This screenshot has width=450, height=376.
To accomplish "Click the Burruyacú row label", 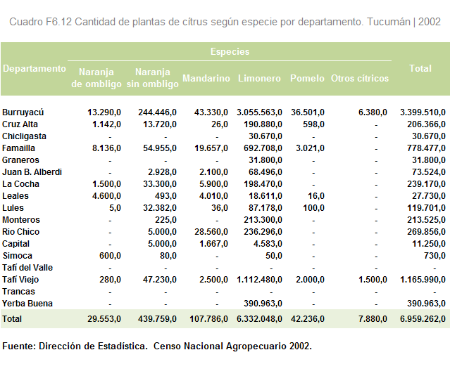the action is pyautogui.click(x=23, y=112).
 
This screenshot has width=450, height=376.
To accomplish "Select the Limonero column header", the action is pyautogui.click(x=259, y=78).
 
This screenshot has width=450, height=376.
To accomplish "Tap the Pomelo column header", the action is pyautogui.click(x=307, y=78).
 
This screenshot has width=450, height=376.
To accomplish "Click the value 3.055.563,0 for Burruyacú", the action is pyautogui.click(x=259, y=112).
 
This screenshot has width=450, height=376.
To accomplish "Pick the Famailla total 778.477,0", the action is pyautogui.click(x=426, y=148).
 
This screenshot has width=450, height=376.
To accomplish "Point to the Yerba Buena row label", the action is pyautogui.click(x=27, y=304).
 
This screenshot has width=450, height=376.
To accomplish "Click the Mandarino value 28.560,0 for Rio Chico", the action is pyautogui.click(x=211, y=232).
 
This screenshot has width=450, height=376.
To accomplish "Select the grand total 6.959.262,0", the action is pyautogui.click(x=423, y=319).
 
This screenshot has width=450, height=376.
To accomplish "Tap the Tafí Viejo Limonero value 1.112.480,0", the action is pyautogui.click(x=259, y=280).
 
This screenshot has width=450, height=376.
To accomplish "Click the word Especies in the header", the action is pyautogui.click(x=230, y=51).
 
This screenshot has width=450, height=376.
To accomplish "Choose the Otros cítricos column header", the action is pyautogui.click(x=360, y=78).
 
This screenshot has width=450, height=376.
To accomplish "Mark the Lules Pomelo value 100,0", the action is pyautogui.click(x=313, y=208).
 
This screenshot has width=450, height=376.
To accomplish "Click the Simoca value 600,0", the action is pyautogui.click(x=110, y=256).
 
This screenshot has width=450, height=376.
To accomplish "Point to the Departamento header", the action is pyautogui.click(x=35, y=69).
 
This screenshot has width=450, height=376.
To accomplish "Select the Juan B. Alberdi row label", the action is pyautogui.click(x=32, y=172).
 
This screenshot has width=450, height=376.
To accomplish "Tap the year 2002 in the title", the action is pyautogui.click(x=430, y=22).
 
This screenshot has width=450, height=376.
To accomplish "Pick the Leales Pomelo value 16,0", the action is pyautogui.click(x=316, y=196).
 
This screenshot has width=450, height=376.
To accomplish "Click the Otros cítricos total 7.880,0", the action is pyautogui.click(x=373, y=319).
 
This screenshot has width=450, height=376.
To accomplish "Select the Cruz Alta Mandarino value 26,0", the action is pyautogui.click(x=220, y=124).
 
